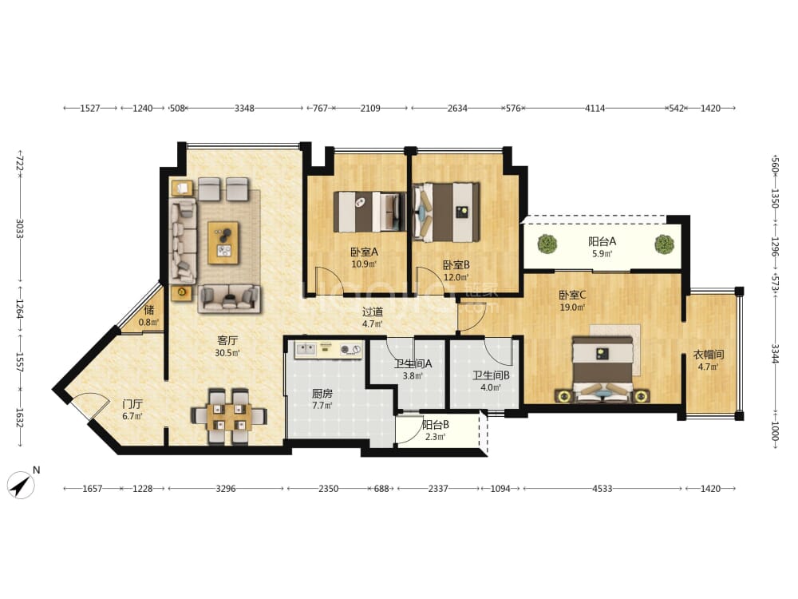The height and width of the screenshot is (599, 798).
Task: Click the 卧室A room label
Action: point(364,252)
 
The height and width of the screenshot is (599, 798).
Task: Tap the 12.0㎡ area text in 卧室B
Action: point(456,278)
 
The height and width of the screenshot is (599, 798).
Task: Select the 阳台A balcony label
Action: point(602,241)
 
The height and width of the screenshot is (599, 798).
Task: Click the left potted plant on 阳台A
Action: point(547,244)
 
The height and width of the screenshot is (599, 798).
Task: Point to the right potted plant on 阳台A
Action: point(664,244)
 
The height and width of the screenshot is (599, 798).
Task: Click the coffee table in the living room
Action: point(223,243)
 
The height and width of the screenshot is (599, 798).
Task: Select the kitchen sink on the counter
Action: point(307,349)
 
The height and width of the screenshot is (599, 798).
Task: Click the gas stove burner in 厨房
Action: point(350,350)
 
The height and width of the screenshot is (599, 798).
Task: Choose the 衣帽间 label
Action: point(708,354)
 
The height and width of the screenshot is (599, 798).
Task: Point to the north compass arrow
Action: point(21,485)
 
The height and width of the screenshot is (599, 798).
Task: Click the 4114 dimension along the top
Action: point(595,108)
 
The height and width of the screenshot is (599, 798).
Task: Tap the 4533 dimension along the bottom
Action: point(602,489)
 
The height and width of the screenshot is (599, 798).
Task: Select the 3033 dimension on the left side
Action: point(20,228)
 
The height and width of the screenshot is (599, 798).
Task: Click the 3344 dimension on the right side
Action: point(775,354)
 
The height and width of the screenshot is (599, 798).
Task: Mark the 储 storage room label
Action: point(148,310)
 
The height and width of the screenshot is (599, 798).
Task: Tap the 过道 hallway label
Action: point(372,311)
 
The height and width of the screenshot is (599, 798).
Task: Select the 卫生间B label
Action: point(491,375)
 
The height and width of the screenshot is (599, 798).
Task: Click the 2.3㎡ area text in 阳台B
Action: point(435,437)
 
